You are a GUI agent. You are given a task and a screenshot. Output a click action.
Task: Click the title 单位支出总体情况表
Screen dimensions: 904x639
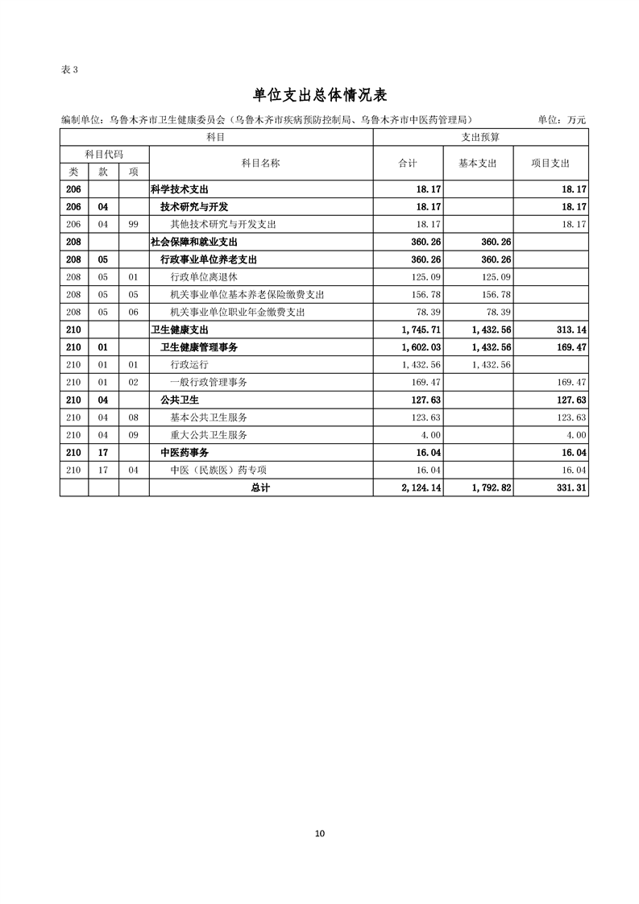pos(320,95)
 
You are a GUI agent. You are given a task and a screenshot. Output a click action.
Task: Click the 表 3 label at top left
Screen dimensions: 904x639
pos(69,69)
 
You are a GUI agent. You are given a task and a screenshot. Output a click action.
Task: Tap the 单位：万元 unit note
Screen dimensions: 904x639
pos(562,120)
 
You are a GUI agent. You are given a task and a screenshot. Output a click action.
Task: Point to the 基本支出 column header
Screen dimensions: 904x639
pos(478,163)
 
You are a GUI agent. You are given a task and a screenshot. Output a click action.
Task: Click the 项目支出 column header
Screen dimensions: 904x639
pos(550,163)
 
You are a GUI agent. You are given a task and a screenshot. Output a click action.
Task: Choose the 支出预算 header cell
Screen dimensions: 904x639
pos(480,138)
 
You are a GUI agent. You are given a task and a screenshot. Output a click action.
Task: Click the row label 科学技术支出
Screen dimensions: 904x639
pos(179,189)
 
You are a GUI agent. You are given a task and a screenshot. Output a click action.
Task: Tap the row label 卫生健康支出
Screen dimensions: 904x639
pos(179,330)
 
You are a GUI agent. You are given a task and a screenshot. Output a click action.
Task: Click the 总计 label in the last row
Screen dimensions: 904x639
pos(260,488)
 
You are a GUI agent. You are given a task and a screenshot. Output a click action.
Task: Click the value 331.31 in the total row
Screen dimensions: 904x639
pos(569,488)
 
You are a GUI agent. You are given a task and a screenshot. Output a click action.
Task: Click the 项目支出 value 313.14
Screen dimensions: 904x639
pos(569,330)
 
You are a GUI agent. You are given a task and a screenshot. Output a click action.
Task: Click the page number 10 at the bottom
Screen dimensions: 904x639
pos(320,833)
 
